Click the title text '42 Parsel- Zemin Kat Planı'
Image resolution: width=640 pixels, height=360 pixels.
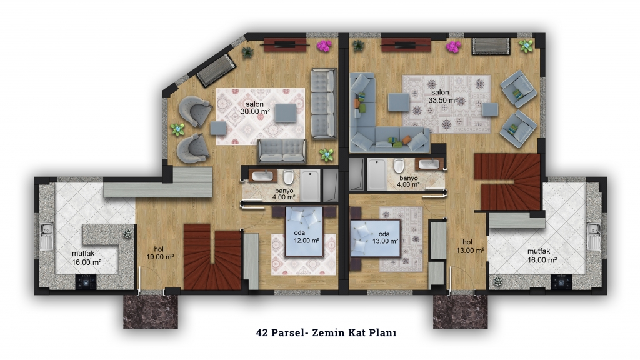[x=326, y=332]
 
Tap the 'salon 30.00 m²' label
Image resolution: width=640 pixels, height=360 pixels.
[x=255, y=107]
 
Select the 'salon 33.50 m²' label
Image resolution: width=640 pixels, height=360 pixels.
[x=442, y=96]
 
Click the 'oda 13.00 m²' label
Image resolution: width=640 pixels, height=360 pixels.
[x=385, y=237]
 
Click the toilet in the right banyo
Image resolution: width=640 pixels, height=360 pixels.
[x=399, y=166]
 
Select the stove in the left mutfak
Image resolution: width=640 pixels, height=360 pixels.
[x=86, y=282]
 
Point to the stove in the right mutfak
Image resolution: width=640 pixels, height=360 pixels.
[x=561, y=282]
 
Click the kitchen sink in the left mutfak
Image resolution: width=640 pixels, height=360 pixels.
[x=45, y=237]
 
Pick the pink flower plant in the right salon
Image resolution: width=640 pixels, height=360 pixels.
[x=453, y=46]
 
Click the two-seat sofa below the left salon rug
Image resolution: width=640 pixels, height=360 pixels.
[x=282, y=151]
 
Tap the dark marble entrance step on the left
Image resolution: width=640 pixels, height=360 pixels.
[x=151, y=312]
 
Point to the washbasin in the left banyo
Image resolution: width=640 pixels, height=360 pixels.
[x=262, y=176]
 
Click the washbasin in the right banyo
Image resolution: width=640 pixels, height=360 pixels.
[x=429, y=164]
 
